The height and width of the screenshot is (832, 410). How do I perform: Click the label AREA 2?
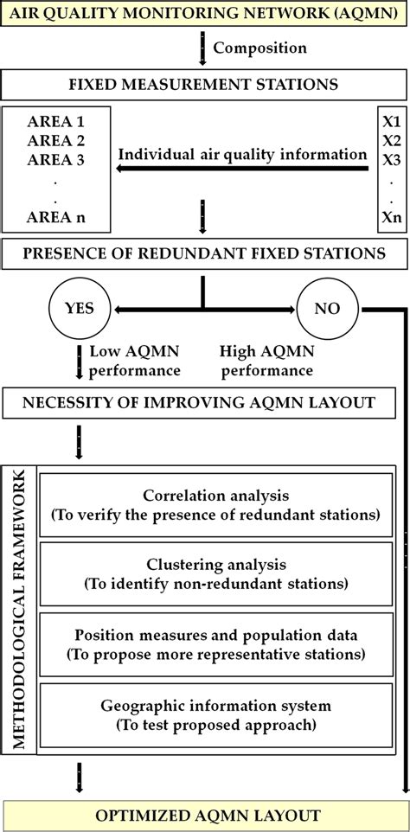pyautogui.click(x=57, y=140)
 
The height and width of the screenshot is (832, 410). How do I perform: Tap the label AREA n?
pyautogui.click(x=57, y=219)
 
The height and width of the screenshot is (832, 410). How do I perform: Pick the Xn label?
pyautogui.click(x=392, y=219)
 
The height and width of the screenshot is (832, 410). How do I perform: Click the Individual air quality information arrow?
pyautogui.click(x=242, y=170)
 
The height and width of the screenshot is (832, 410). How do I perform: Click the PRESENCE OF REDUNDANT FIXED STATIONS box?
pyautogui.click(x=204, y=254)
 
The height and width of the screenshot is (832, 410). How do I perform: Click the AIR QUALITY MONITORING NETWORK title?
pyautogui.click(x=204, y=15)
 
